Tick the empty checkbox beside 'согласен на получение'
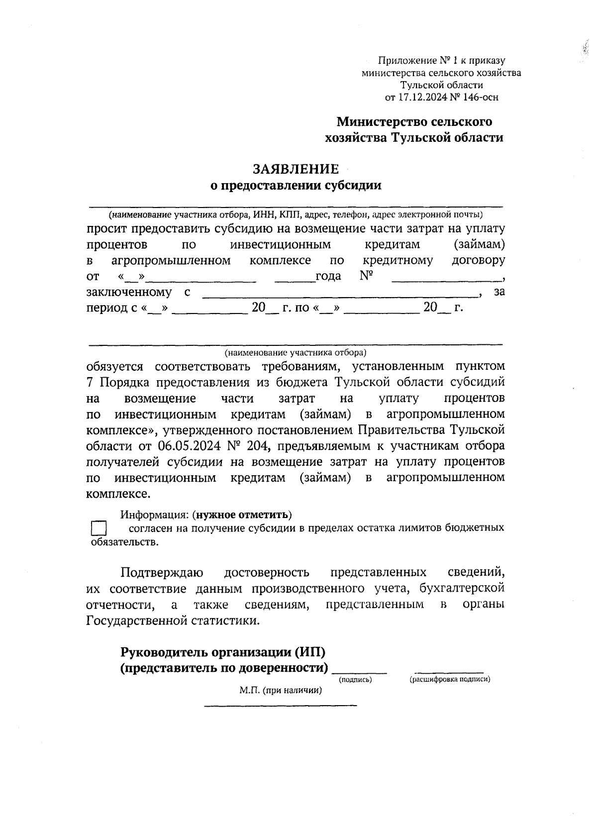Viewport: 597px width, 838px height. [99, 528]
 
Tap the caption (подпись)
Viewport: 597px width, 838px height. [355, 679]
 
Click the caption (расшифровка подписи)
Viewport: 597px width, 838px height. [450, 679]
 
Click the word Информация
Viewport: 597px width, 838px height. [154, 515]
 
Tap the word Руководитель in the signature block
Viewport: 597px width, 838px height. [164, 652]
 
